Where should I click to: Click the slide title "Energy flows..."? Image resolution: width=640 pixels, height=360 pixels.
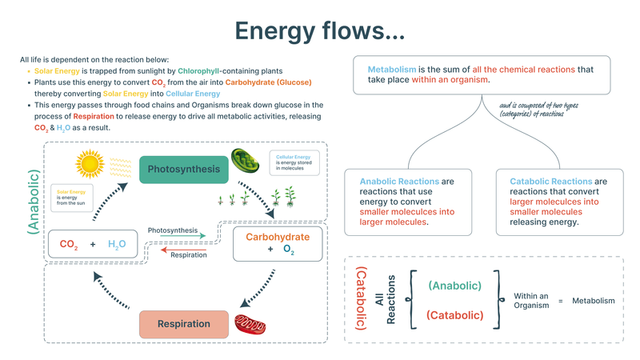pos(319,30)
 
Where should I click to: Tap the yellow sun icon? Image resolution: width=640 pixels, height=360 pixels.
pos(90,162)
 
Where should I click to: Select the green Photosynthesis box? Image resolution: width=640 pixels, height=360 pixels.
pos(184,169)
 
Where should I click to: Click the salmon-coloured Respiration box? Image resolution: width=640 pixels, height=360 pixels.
pos(184,324)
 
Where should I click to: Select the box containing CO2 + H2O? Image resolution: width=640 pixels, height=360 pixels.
pos(92,244)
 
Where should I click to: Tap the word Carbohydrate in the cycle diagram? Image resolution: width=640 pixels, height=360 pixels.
pos(277,237)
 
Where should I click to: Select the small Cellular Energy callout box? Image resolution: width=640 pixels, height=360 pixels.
pos(293,162)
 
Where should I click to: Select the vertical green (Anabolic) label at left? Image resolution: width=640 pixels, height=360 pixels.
pos(33,200)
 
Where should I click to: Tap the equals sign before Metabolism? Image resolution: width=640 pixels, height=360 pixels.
pos(561,301)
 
